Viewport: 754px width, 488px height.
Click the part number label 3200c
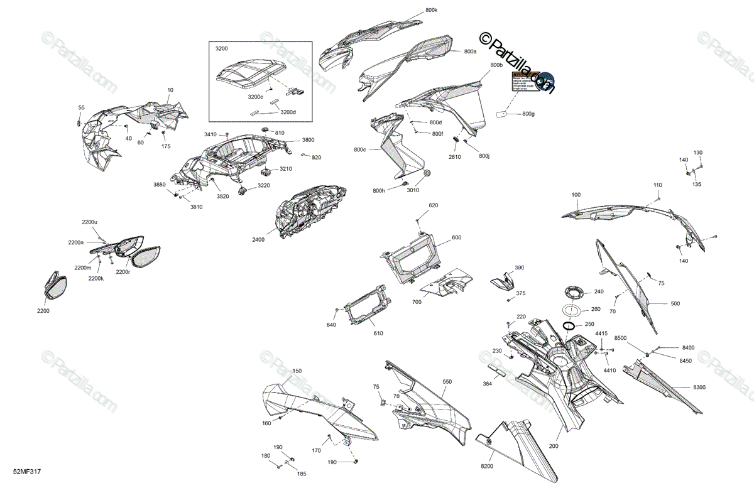(x=256, y=97)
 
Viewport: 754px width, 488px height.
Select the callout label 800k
(x=432, y=11)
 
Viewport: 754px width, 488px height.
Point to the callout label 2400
(x=258, y=239)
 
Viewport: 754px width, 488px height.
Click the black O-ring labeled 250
(x=569, y=326)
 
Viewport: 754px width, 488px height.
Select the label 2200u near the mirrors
(x=90, y=222)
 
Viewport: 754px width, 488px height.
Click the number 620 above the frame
(x=434, y=205)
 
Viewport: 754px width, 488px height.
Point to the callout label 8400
(x=688, y=347)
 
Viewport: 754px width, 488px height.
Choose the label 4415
(x=601, y=333)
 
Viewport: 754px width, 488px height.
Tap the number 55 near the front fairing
(x=81, y=107)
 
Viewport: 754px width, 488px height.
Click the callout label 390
(x=519, y=268)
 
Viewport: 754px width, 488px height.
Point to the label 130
(x=698, y=153)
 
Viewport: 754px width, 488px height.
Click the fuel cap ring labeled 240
(x=572, y=292)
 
